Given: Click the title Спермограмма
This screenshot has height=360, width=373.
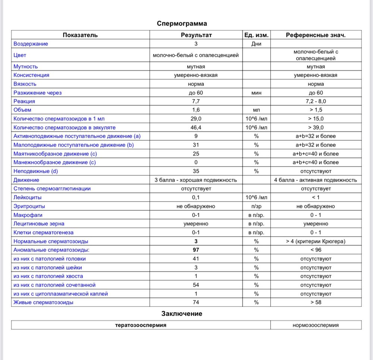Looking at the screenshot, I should (182, 23).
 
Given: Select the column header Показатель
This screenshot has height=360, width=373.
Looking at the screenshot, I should (80, 35).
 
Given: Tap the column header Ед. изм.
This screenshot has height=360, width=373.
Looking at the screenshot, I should (256, 35).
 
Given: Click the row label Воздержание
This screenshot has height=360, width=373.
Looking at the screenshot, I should (31, 44).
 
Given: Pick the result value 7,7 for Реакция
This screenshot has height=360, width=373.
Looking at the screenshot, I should (196, 101).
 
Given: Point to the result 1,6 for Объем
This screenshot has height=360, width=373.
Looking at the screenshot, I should (196, 110).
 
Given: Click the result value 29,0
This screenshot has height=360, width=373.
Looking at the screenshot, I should (196, 119).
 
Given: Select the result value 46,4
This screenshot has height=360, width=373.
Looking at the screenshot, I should (196, 127).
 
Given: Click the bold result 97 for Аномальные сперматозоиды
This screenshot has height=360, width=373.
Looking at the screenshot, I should (196, 250).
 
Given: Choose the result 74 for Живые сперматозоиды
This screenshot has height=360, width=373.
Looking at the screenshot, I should (196, 302).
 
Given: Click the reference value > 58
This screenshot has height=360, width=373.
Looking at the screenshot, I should (316, 302).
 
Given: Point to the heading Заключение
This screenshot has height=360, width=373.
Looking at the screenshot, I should (182, 314).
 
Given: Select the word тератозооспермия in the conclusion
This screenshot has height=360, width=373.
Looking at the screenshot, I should (141, 325).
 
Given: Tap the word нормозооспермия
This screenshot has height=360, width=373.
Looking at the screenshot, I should (316, 325).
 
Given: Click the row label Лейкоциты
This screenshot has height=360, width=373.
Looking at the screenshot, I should (28, 197).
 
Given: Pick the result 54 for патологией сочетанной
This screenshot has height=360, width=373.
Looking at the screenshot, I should (196, 285).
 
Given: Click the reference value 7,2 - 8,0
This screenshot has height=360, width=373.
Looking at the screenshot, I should (316, 101).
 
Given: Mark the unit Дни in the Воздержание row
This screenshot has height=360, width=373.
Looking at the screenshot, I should (256, 44).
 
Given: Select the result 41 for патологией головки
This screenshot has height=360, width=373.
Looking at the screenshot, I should (196, 259).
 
